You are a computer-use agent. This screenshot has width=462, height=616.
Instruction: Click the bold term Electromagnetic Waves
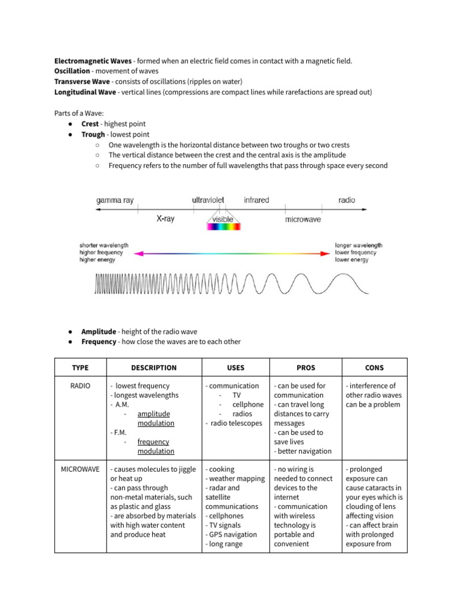point(93,61)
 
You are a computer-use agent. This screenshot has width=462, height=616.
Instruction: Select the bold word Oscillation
point(73,72)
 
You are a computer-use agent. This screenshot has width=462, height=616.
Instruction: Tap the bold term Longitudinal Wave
point(85,92)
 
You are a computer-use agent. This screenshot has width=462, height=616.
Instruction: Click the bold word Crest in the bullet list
point(90,124)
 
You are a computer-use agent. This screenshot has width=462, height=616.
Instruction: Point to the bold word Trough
point(93,135)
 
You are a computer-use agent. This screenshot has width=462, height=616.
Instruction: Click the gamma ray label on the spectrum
point(115,200)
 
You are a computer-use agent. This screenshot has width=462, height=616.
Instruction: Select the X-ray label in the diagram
point(165,220)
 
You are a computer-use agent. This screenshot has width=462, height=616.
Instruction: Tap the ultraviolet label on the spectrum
point(208,200)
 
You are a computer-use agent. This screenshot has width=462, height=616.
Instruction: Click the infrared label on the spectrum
point(256,200)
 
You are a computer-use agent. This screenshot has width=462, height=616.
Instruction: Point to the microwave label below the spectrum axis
point(303,220)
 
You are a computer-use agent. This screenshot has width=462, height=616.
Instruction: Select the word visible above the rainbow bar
point(223,220)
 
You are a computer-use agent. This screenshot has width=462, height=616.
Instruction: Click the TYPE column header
point(80,368)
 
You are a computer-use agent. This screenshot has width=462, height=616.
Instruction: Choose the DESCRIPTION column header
point(154,368)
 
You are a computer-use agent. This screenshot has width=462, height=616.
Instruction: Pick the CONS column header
point(374,368)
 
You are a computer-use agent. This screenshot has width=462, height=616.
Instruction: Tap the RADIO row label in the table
point(80,386)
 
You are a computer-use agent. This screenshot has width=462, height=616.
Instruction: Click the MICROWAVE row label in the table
point(80,469)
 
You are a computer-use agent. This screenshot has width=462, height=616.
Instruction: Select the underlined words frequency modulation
point(156,446)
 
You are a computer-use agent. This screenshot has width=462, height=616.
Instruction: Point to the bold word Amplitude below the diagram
point(99,331)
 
